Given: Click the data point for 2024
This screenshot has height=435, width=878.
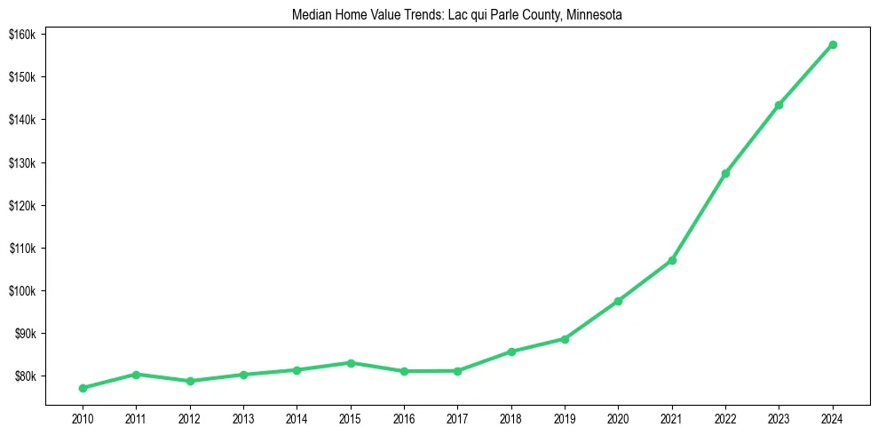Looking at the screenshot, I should (833, 44).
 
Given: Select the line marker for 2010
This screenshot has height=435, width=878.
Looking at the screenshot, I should (83, 388).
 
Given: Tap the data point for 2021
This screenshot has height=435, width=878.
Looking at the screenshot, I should (672, 260).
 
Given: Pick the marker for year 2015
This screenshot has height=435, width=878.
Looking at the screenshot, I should (351, 363).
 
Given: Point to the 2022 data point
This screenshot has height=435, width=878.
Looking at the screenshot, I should (725, 173).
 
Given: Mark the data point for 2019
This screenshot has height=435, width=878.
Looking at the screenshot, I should (565, 339).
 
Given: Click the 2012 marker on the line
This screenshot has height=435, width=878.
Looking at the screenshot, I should (190, 381).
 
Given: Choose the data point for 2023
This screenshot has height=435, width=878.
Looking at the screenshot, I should (779, 105).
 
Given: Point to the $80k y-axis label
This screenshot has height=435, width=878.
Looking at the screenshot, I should (22, 376).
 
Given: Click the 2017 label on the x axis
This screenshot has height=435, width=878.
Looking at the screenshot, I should (457, 417).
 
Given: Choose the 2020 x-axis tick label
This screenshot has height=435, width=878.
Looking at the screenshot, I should (618, 417).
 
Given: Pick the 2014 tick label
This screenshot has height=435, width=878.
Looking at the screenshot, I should (297, 417).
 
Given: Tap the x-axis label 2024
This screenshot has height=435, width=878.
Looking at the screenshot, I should (833, 417).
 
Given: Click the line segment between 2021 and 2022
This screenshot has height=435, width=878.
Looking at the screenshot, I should (699, 217).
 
